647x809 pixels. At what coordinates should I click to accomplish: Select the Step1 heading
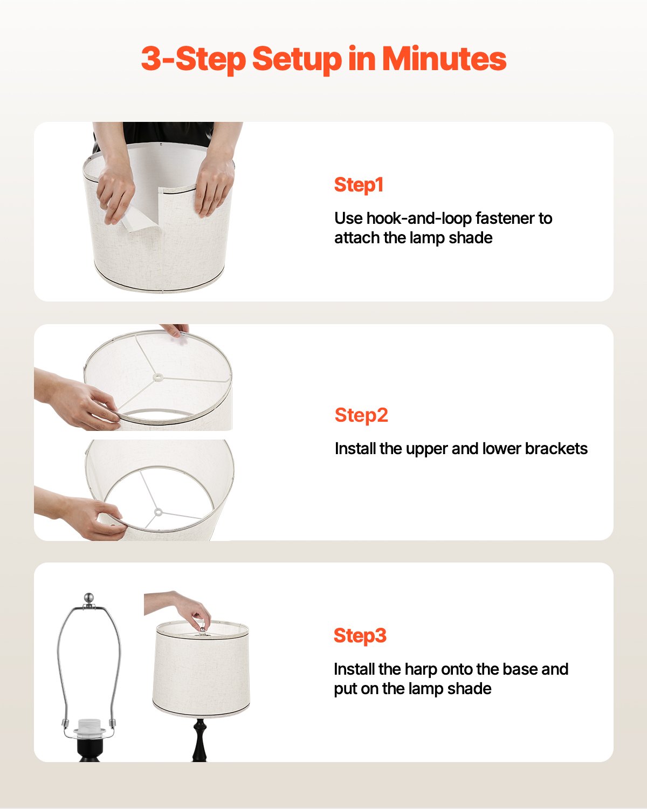coord(359,184)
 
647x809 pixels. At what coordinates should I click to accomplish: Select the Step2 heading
coord(361,415)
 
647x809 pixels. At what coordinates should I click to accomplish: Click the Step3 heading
coord(360,635)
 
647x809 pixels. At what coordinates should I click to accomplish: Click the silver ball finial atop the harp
coord(89,598)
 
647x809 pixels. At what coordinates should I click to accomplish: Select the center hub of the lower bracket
coord(157,512)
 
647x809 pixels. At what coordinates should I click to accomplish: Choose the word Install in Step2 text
coord(355,449)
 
